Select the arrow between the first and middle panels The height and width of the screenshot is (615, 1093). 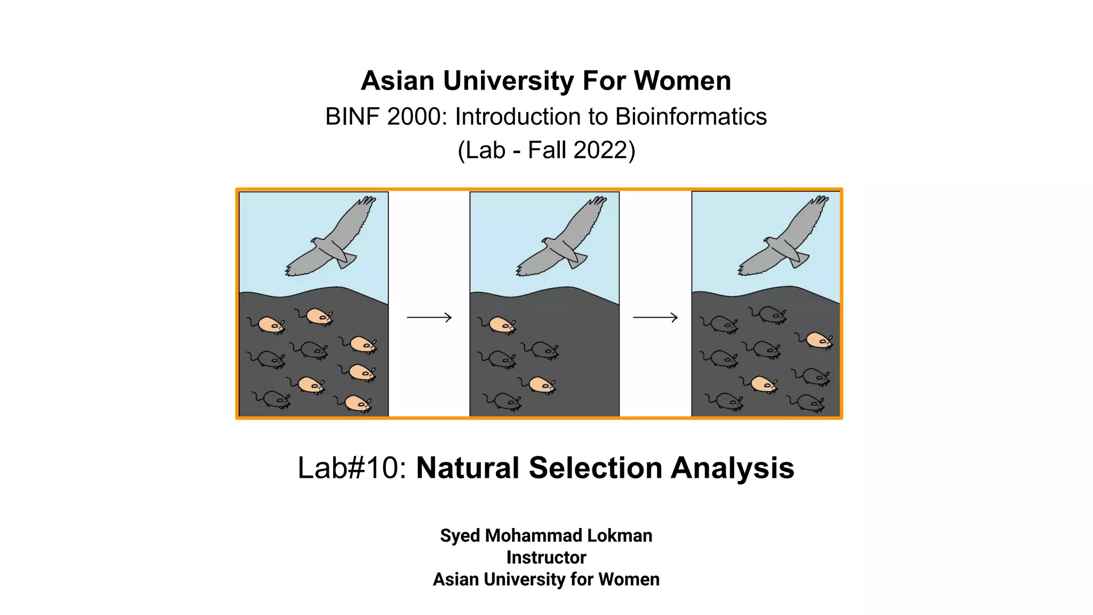[x=429, y=318]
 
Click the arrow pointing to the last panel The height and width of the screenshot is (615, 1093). [x=655, y=318]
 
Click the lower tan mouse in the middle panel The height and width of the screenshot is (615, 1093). [x=541, y=384]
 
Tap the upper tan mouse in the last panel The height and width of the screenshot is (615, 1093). [x=817, y=340]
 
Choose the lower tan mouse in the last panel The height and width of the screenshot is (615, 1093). [x=762, y=384]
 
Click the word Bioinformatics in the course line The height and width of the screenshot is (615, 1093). [x=691, y=117]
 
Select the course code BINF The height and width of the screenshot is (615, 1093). [x=353, y=117]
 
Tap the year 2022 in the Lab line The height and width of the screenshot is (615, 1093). [x=600, y=151]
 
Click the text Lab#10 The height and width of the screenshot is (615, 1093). [x=352, y=468]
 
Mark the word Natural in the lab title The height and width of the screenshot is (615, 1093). [x=468, y=468]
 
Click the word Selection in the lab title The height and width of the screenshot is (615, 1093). [x=595, y=468]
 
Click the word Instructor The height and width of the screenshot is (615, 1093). [x=546, y=557]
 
